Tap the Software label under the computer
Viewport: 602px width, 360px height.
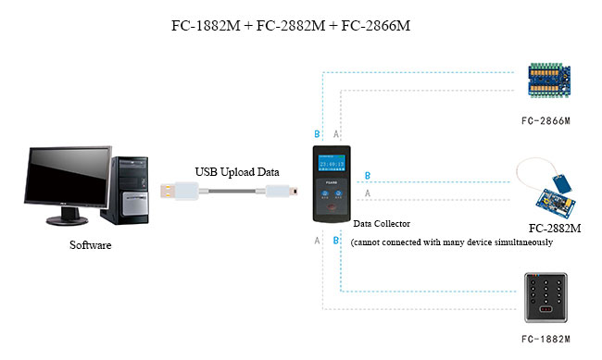coord(91,246)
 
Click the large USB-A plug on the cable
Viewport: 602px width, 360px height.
coord(179,192)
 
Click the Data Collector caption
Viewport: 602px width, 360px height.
coord(382,224)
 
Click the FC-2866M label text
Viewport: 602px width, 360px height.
coord(546,120)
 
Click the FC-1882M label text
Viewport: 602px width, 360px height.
coord(546,340)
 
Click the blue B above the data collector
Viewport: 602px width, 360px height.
coord(318,133)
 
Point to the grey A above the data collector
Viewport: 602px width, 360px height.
coord(337,133)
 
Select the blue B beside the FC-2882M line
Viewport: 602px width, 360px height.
coord(369,176)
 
